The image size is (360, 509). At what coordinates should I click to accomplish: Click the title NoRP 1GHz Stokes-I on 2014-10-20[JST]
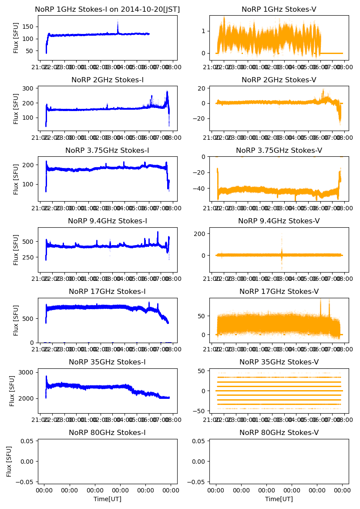pyautogui.click(x=107, y=9)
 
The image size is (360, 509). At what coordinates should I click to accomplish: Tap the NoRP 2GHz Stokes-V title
pyautogui.click(x=279, y=80)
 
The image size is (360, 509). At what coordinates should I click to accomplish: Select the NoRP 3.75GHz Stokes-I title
pyautogui.click(x=107, y=150)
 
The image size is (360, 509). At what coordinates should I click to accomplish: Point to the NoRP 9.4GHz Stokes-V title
pyautogui.click(x=279, y=221)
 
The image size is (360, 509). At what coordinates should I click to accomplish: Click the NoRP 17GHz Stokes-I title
pyautogui.click(x=107, y=291)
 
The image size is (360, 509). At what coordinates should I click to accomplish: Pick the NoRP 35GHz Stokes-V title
pyautogui.click(x=279, y=362)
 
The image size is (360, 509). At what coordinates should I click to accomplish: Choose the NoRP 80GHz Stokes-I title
pyautogui.click(x=107, y=432)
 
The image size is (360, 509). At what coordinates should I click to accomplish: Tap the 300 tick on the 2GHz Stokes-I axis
pyautogui.click(x=27, y=88)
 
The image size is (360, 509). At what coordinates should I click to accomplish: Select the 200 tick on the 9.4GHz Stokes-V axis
pyautogui.click(x=200, y=234)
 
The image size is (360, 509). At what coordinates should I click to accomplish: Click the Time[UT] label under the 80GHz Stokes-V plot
pyautogui.click(x=279, y=499)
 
